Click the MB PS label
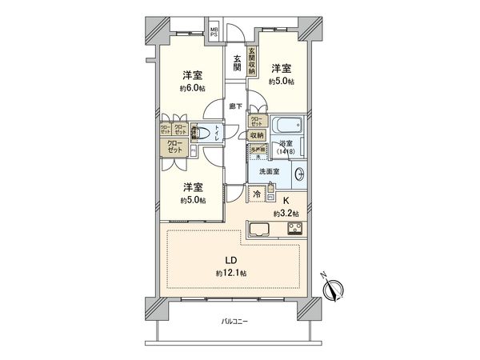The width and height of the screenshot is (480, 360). [x=214, y=34]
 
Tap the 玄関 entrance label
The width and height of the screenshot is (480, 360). [x=238, y=62]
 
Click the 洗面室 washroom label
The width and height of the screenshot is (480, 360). [x=268, y=172]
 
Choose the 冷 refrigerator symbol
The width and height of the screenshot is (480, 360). [x=258, y=194]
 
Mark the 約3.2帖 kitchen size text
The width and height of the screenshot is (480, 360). [x=286, y=214]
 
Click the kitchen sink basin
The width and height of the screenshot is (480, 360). [x=262, y=230]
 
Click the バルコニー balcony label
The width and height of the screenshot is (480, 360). [x=235, y=322]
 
